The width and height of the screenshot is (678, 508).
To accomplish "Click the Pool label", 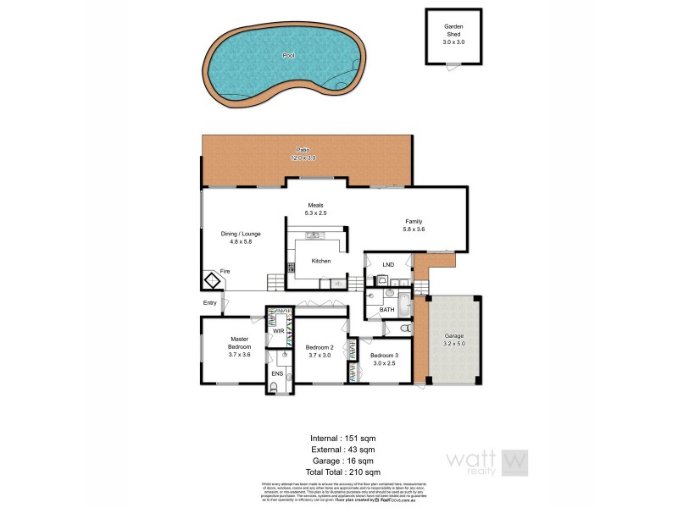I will click(288, 56).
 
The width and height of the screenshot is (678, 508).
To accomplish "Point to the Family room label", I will click(414, 225).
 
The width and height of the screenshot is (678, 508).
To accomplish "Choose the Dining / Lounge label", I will click(241, 237).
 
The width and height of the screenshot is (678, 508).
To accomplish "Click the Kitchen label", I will click(321, 261).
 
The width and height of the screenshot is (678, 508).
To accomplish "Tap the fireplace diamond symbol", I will click(211, 280).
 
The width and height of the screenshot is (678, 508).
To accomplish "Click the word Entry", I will click(210, 303).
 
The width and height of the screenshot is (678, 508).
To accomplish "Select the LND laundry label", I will click(388, 266).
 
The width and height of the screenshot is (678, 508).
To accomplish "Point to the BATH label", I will click(386, 310).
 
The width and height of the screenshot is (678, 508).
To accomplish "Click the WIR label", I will click(277, 331).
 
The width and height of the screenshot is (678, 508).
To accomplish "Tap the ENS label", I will click(277, 373).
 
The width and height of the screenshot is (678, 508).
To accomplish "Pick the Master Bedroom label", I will click(240, 347).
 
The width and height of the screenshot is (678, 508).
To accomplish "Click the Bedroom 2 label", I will click(320, 351).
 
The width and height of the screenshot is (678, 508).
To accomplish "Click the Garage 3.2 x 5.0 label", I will click(454, 340).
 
